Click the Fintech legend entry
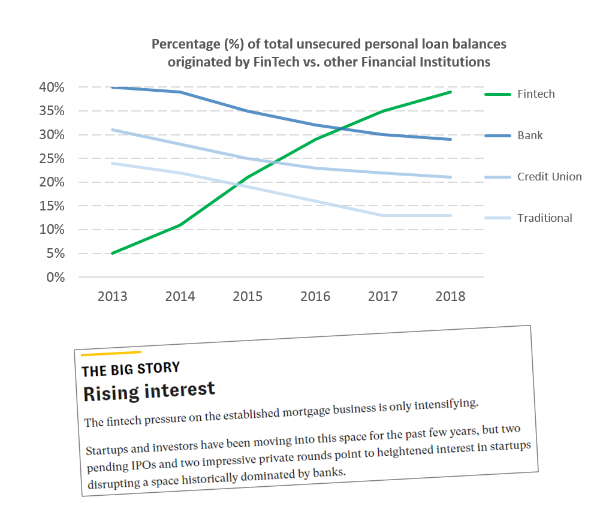535,94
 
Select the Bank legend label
530,135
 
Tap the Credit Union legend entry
549,177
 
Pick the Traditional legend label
544,218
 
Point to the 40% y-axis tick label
52,87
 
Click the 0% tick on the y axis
55,277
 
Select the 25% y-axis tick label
52,158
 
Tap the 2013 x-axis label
113,297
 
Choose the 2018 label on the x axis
450,297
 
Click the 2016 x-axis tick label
315,297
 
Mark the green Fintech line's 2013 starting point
113,254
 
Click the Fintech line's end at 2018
451,92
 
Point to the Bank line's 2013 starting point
113,88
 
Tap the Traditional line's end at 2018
451,215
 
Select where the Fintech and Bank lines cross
342,128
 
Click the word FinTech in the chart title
276,62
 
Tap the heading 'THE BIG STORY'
131,369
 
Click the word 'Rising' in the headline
111,393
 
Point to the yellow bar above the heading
111,353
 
